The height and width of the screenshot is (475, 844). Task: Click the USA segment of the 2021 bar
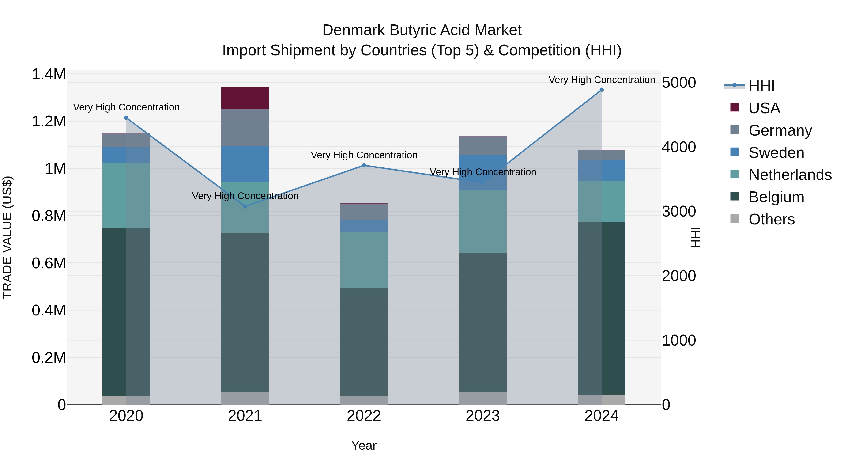(245, 98)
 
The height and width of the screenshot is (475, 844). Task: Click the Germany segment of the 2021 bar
(245, 128)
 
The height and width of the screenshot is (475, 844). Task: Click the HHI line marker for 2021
(245, 206)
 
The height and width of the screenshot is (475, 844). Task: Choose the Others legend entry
(771, 219)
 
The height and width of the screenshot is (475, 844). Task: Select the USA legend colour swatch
(735, 107)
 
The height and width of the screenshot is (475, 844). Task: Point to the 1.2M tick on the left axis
(49, 122)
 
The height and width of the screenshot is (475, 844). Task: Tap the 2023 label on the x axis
(483, 416)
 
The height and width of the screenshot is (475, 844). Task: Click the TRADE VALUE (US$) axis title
(7, 237)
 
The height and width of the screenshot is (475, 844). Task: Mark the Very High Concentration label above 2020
(126, 107)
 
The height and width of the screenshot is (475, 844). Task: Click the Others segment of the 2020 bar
(126, 400)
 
